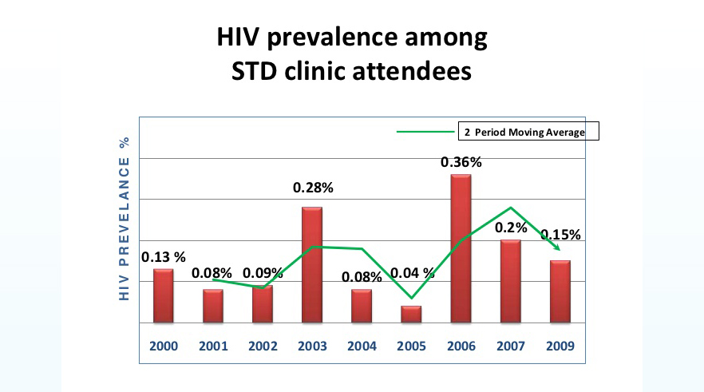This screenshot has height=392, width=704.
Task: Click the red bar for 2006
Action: [x=461, y=248]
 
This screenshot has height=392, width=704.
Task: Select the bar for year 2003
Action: [x=312, y=264]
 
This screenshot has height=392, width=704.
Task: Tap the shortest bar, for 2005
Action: [x=411, y=314]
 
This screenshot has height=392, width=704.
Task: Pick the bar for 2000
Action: [x=164, y=295]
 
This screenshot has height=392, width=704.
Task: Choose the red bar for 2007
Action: [x=510, y=281]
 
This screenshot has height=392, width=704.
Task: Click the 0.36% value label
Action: [x=461, y=162]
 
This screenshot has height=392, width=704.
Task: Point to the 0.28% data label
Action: [x=312, y=188]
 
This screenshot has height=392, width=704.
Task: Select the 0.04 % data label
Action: [x=413, y=272]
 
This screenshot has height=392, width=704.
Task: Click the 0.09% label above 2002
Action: [x=263, y=272]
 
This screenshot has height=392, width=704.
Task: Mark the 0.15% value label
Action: [x=560, y=236]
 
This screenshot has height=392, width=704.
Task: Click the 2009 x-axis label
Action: [x=559, y=346]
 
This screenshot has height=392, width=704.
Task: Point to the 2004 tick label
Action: [x=362, y=346]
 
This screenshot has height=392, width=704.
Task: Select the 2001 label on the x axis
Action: [x=213, y=346]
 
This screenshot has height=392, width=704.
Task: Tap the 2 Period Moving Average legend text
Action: [x=524, y=132]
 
